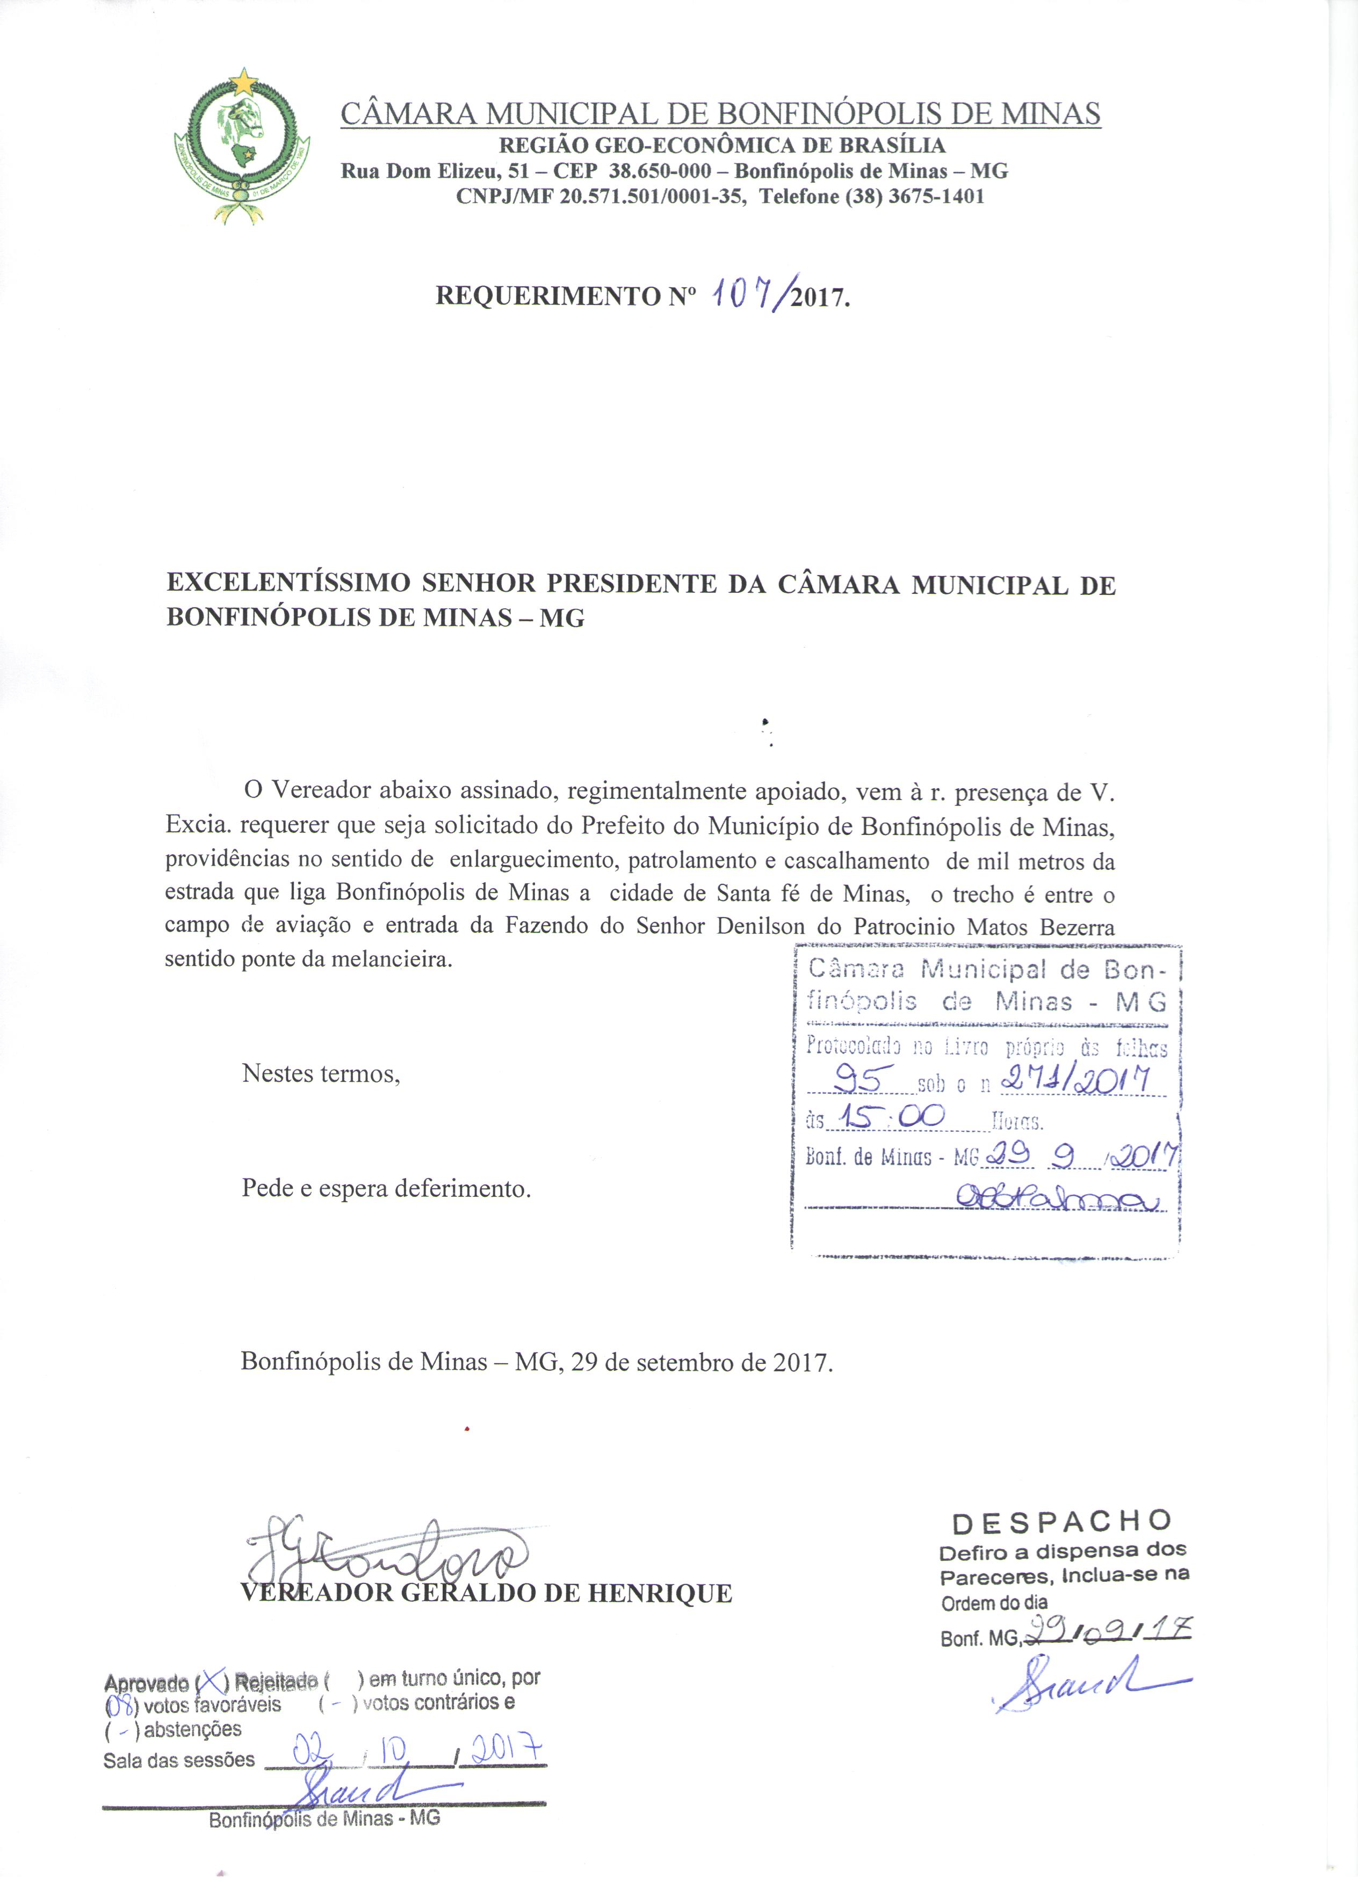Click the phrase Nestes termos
pyautogui.click(x=321, y=1073)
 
